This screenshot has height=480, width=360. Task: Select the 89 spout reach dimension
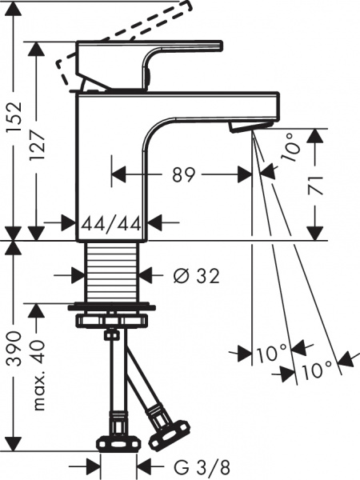pyautogui.click(x=183, y=174)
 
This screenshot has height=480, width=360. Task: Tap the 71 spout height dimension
pyautogui.click(x=318, y=187)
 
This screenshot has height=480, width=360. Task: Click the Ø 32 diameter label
pyautogui.click(x=196, y=276)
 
